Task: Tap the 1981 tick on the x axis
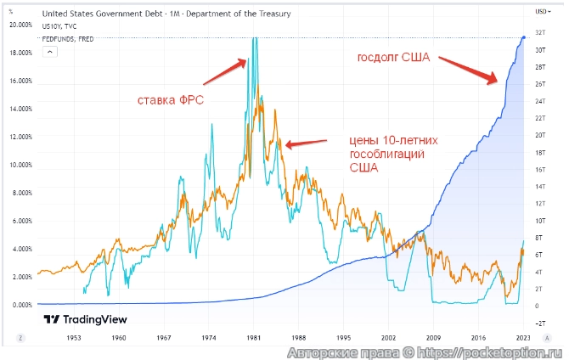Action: point(252,337)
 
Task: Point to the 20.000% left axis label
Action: point(20,25)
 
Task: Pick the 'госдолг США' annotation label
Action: point(392,59)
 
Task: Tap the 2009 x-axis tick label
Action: point(432,337)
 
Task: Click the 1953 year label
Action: point(73,337)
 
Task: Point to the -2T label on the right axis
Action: point(539,323)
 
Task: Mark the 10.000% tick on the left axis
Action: point(20,165)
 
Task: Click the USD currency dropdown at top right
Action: point(541,12)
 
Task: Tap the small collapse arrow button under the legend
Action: point(49,51)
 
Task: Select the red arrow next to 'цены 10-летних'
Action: point(300,144)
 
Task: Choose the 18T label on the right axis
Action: point(539,152)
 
